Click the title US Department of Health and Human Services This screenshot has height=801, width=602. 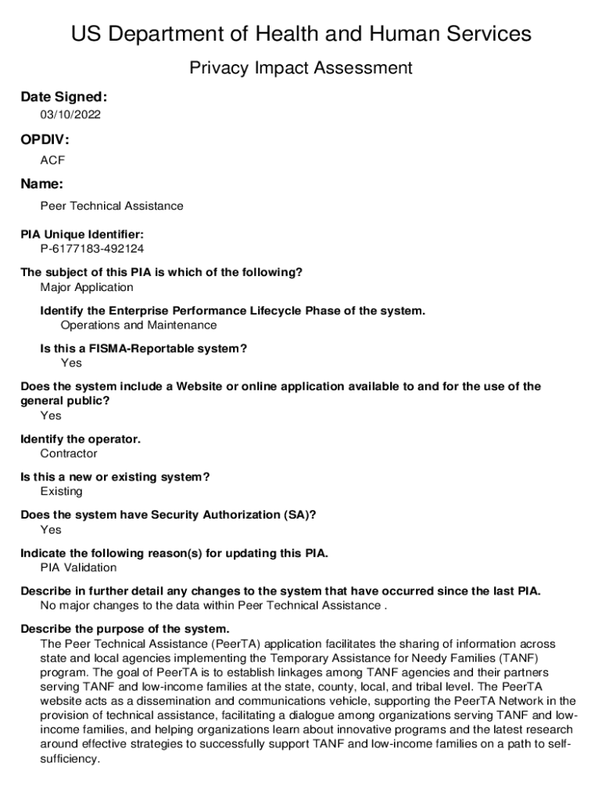pyautogui.click(x=301, y=34)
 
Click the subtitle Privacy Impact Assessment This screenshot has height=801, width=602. pyautogui.click(x=301, y=69)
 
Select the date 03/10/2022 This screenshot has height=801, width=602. pyautogui.click(x=70, y=115)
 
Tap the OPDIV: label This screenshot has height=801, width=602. pyautogui.click(x=45, y=140)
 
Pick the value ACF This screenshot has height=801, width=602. pyautogui.click(x=52, y=160)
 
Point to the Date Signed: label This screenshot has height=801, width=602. pyautogui.click(x=63, y=97)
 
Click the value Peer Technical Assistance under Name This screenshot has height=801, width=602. pyautogui.click(x=112, y=206)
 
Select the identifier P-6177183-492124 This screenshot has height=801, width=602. pyautogui.click(x=92, y=249)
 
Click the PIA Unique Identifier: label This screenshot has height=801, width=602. pyautogui.click(x=82, y=235)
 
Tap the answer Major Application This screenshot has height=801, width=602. pyautogui.click(x=87, y=287)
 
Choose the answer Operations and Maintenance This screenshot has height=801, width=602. pyautogui.click(x=138, y=325)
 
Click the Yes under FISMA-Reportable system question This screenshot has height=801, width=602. pyautogui.click(x=71, y=363)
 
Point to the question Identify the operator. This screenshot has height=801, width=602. pyautogui.click(x=81, y=439)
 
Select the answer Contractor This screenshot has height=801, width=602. pyautogui.click(x=69, y=454)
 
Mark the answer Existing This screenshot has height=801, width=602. pyautogui.click(x=61, y=491)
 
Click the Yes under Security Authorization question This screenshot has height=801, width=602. pyautogui.click(x=51, y=530)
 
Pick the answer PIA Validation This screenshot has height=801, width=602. pyautogui.click(x=78, y=568)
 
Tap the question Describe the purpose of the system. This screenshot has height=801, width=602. pyautogui.click(x=125, y=629)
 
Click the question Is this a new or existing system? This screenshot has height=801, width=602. pyautogui.click(x=115, y=477)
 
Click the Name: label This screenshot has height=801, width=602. pyautogui.click(x=41, y=184)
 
